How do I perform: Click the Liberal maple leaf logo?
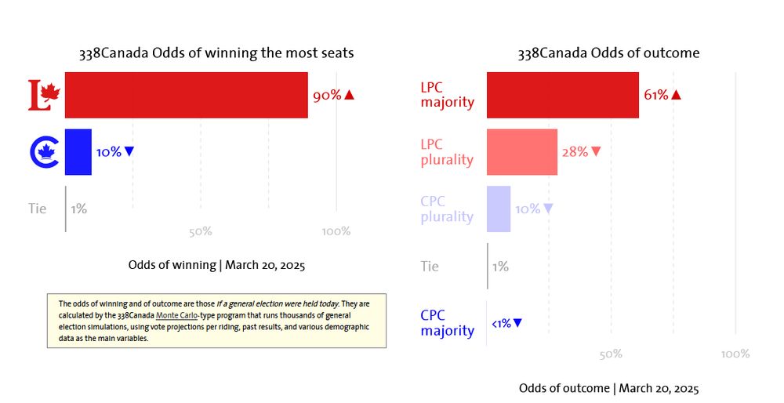pos(44,95)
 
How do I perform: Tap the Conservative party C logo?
pos(44,151)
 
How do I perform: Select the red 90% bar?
pos(186,95)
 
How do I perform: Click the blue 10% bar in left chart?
pos(78,151)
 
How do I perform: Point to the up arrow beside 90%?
pos(350,95)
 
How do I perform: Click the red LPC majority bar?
pos(562,95)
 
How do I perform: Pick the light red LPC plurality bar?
pos(521,152)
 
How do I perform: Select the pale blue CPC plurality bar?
pos(499,209)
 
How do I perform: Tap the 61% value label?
pos(656,95)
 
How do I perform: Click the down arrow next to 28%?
pos(597,152)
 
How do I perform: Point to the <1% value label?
pos(501,323)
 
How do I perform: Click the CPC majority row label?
pos(447,323)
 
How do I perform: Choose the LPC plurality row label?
pos(447,152)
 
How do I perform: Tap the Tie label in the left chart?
pos(37,209)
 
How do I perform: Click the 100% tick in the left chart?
pos(336,231)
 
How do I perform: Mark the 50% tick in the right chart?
pos(611,354)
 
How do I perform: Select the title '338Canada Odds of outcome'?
pos(608,53)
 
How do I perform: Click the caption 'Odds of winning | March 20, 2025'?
pos(216,264)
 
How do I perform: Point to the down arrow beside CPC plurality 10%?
pos(548,209)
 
